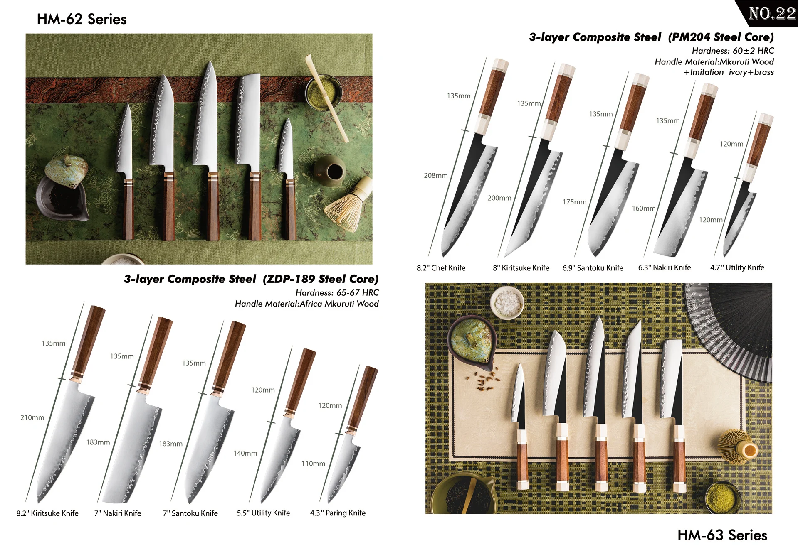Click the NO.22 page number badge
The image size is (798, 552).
[772, 13]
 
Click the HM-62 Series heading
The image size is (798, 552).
[82, 19]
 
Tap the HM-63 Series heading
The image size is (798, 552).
[722, 535]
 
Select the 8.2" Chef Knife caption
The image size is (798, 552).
[441, 268]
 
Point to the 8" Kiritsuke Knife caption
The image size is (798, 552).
[521, 268]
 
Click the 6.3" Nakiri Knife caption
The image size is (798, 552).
[664, 267]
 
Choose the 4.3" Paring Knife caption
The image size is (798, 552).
[338, 513]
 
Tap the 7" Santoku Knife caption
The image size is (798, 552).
[190, 513]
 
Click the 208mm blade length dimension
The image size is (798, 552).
[435, 175]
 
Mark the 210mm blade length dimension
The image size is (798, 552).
[32, 417]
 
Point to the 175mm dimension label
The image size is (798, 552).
[574, 202]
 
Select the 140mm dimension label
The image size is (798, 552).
[245, 453]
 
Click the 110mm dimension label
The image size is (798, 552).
[313, 464]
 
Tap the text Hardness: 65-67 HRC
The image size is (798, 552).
[337, 292]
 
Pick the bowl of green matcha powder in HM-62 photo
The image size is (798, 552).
[323, 91]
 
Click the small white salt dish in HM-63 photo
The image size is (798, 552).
[506, 303]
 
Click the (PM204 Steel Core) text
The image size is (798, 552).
[721, 37]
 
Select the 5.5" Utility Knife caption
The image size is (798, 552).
[263, 513]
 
